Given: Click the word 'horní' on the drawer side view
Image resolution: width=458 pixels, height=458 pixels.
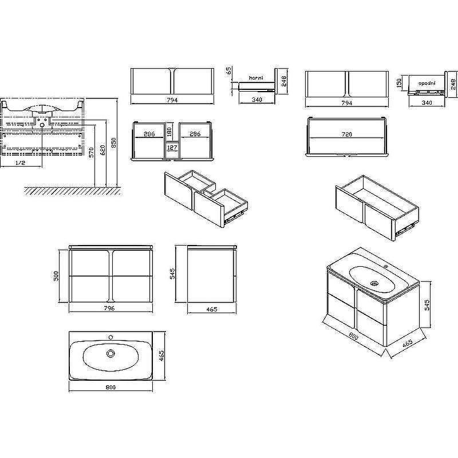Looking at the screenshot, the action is point(256,78).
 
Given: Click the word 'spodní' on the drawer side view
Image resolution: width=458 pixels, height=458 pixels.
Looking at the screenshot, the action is point(427,83).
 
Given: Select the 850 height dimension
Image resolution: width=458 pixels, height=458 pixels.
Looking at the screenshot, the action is point(113,143).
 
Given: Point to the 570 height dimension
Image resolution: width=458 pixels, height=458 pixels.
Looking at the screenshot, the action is point(92,152).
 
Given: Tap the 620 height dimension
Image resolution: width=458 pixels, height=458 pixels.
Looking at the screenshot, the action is point(102,150).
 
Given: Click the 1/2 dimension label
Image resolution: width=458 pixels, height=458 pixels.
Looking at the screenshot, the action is point(20,163).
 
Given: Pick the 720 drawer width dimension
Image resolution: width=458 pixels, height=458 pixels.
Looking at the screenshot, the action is point(347,135).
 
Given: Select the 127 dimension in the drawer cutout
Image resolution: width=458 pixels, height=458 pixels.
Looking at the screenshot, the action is point(172,148).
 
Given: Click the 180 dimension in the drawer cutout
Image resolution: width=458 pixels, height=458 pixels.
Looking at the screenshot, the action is point(169,132).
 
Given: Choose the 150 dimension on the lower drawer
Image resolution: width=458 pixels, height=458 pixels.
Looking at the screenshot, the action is point(399,82).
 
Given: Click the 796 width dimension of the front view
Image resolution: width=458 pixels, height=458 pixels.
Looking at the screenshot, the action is point(109,308).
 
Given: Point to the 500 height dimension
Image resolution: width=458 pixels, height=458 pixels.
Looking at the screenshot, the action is point(56,276).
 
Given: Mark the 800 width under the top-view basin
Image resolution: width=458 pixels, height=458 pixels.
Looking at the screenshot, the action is point(110,388).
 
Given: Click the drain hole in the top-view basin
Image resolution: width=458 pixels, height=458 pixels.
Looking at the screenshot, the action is point(110,353).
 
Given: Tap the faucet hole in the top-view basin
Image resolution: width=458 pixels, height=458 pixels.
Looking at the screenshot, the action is point(110,337).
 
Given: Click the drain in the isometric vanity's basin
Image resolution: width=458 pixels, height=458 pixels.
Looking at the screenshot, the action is point(374,283).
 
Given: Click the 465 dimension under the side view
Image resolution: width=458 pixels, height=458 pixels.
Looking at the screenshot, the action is point(212,309).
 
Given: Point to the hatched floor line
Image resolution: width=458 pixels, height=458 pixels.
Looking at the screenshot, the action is point(72,191).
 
